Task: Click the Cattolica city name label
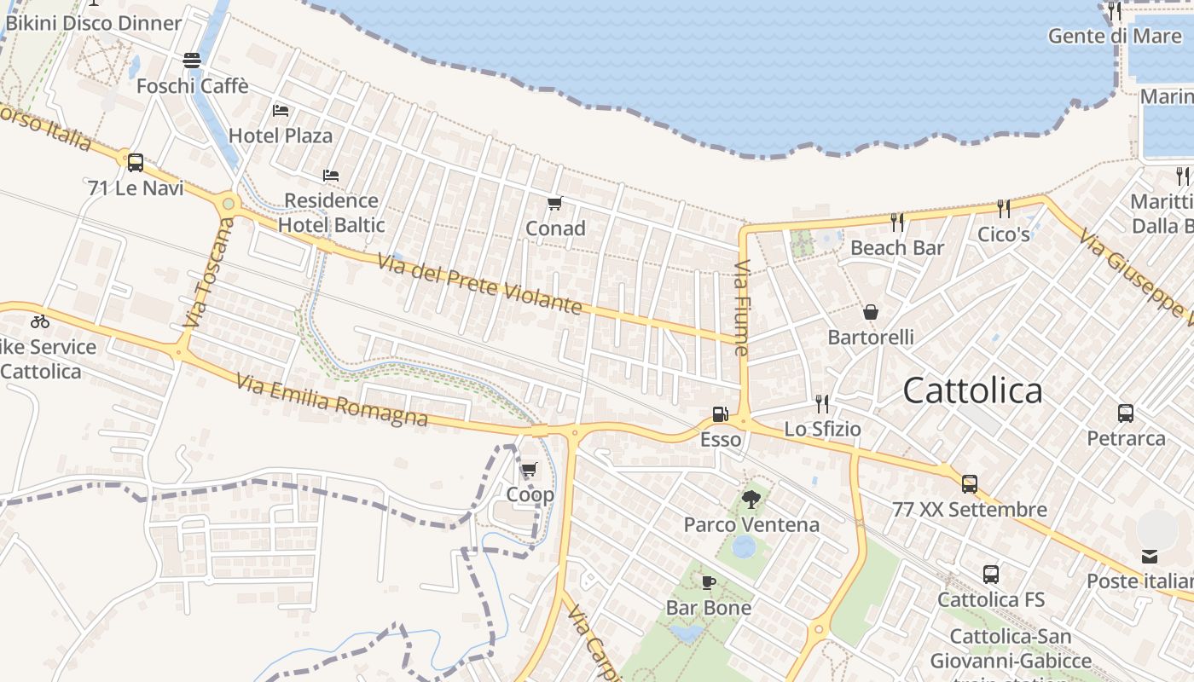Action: tap(972, 391)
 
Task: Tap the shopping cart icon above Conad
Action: tap(555, 203)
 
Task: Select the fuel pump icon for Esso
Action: tap(720, 414)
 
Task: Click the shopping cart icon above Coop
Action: tap(530, 469)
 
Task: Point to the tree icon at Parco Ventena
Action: tap(751, 499)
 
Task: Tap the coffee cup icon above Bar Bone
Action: tap(708, 582)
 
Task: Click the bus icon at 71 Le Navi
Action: tap(135, 162)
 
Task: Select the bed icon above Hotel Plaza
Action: tap(281, 111)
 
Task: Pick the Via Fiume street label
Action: tap(741, 308)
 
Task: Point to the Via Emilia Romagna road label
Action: tap(332, 401)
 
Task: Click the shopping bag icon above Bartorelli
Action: tap(871, 312)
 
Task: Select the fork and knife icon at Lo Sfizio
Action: tap(822, 403)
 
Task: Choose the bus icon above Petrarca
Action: tap(1126, 413)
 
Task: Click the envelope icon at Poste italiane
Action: tap(1150, 557)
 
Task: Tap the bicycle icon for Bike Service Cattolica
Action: tap(39, 321)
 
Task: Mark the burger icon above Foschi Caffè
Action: tap(192, 61)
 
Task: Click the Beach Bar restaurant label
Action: tap(897, 248)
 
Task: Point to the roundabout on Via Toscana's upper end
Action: tap(228, 204)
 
